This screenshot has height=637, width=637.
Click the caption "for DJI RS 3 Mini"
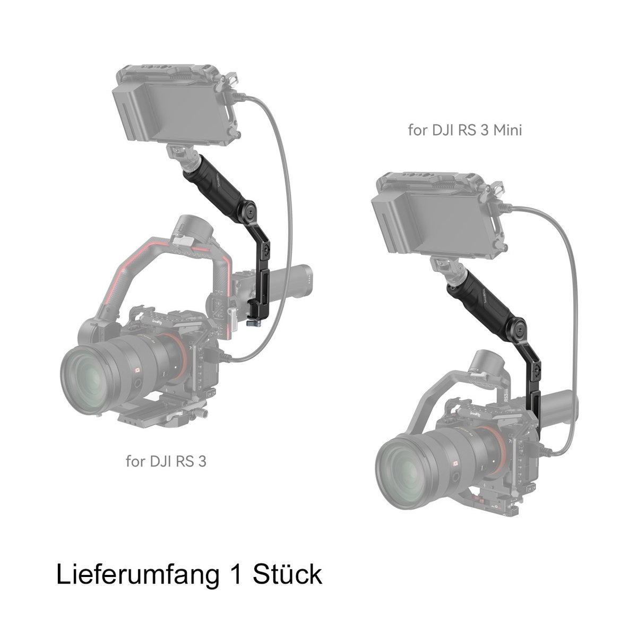pyautogui.click(x=464, y=130)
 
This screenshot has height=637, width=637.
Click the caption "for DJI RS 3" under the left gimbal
pyautogui.click(x=166, y=461)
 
